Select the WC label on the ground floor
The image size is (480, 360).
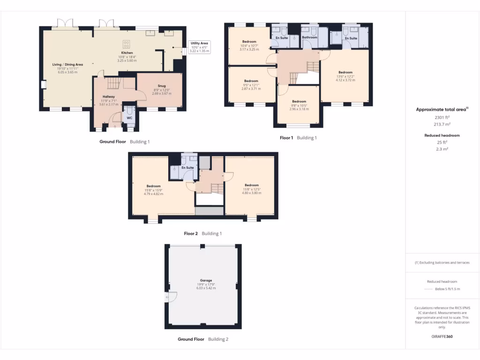pos(129,118)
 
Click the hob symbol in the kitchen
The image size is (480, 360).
pos(126,45)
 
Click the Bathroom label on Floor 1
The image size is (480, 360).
pos(309,37)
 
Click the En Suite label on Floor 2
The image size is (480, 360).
pos(187,167)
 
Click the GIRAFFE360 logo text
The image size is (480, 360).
pos(442,336)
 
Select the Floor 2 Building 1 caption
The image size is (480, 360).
pos(202,233)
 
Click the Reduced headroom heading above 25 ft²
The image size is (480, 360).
pos(442,135)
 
